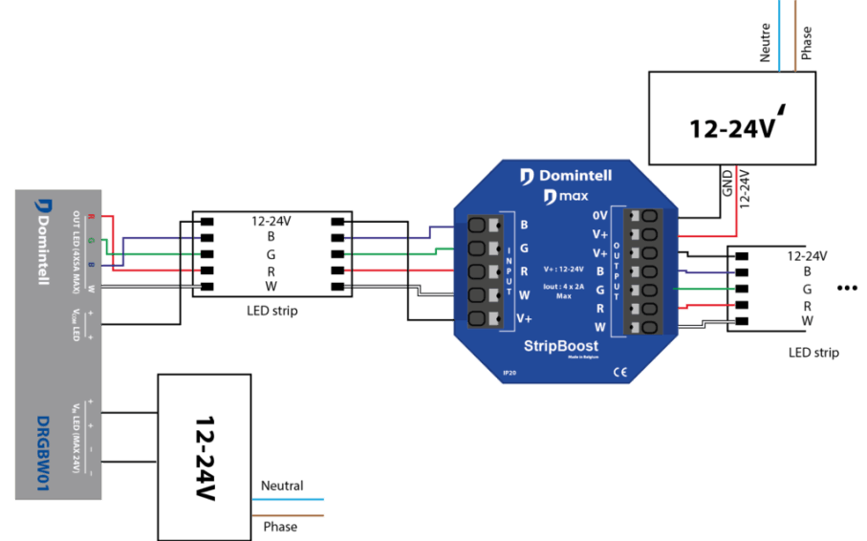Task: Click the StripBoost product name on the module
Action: click(x=561, y=346)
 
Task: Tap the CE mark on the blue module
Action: click(x=618, y=372)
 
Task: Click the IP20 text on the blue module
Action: click(x=509, y=373)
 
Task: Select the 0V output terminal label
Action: click(x=600, y=216)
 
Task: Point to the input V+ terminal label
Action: click(x=525, y=318)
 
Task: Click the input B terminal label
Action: click(x=524, y=225)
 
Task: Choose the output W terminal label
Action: click(x=600, y=327)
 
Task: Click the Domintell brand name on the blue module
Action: click(x=575, y=176)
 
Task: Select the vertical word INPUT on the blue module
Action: click(x=509, y=271)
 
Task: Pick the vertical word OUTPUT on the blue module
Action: click(x=617, y=271)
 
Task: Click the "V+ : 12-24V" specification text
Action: click(x=564, y=270)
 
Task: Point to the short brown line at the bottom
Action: click(x=289, y=516)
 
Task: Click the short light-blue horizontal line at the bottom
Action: click(x=289, y=499)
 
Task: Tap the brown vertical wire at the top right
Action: click(x=794, y=35)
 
